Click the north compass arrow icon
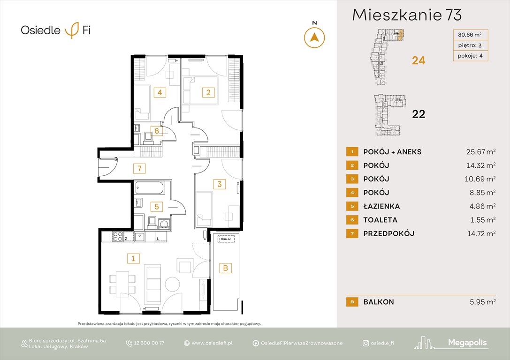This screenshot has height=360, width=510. pos(314,37)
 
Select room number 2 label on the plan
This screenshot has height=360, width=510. pos(208,92)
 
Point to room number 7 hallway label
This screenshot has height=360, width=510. pos(138,167)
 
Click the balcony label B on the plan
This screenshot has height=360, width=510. pos(225,268)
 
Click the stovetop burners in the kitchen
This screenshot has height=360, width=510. pos(118,237)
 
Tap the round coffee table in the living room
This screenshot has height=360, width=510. pos(172,284)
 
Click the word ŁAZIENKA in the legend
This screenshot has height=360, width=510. pos(381,206)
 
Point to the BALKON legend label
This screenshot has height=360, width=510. pos(378,302)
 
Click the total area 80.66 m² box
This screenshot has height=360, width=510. pos(470,34)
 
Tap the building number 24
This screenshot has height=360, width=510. pos(418,60)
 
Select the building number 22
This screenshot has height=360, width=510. pos(418,114)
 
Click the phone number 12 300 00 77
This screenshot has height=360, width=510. pos(149,343)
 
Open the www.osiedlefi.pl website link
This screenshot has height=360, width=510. pos(213,343)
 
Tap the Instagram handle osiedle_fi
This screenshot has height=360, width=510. pos(382,343)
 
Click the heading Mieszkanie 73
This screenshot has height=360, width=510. pos(407,15)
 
